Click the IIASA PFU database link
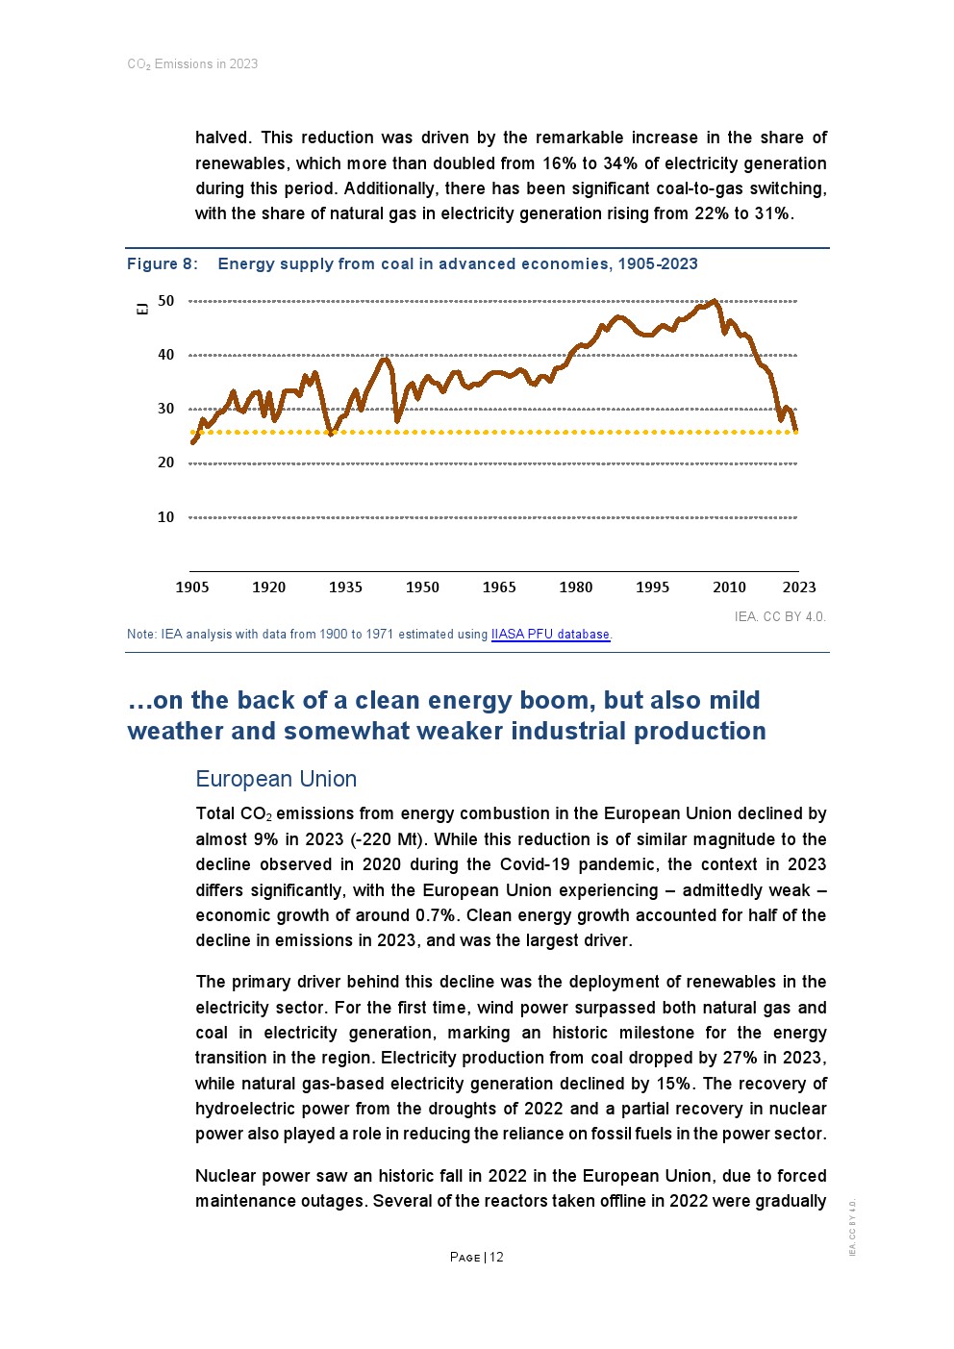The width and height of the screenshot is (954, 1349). coord(550,635)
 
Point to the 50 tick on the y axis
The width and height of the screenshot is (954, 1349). coord(166,301)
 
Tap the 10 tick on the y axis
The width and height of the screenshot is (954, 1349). coord(166,517)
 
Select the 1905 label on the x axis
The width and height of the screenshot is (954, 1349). coord(192,587)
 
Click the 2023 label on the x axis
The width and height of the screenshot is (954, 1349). coord(799,587)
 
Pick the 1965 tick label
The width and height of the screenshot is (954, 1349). coord(499,587)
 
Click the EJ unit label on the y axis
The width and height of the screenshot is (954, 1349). coord(142,308)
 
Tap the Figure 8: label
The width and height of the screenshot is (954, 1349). coord(163,264)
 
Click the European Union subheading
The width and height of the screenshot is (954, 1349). coord(276,779)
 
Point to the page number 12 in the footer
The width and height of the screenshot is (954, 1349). coord(496,1258)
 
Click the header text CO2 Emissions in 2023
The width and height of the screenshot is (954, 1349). coord(192,64)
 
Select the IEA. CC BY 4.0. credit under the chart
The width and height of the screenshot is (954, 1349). coord(780,616)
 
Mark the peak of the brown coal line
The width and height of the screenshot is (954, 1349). coord(714,301)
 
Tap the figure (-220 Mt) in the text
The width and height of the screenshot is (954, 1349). coord(385,839)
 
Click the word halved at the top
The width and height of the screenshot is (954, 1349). coord(222,137)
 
